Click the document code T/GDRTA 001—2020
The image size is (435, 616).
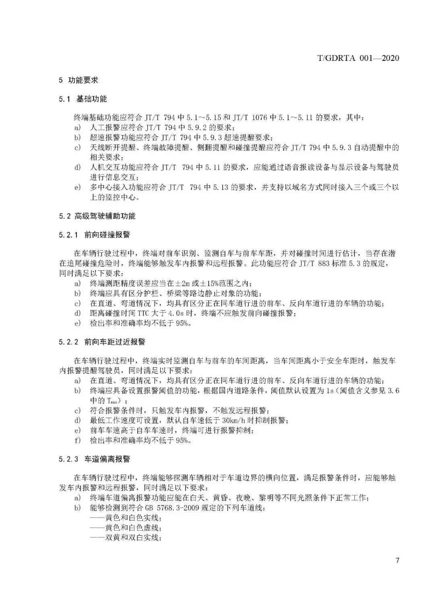tap(358, 58)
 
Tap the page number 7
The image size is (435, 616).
tap(397, 561)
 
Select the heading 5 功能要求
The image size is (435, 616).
tap(79, 80)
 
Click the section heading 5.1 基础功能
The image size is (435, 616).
tap(83, 99)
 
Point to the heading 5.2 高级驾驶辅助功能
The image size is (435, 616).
tap(97, 216)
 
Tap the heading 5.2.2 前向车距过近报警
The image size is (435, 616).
tap(102, 342)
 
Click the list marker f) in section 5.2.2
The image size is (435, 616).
tap(77, 440)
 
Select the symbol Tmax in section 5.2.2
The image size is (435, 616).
tap(112, 401)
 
